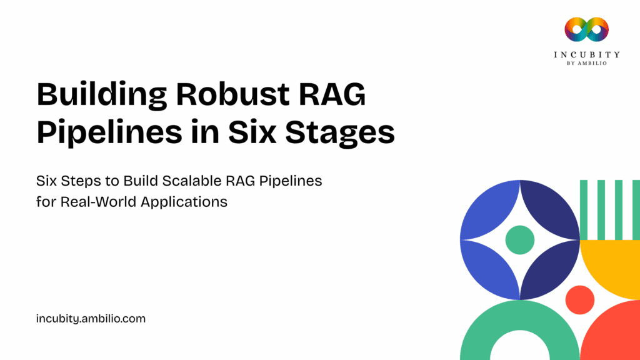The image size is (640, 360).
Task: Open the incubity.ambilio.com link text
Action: tap(91, 319)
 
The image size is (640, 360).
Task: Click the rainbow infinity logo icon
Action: tap(586, 29)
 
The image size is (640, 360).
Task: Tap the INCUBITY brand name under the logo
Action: tap(586, 54)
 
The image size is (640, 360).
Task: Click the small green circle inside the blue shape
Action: tap(519, 239)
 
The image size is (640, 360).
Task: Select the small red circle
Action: tap(579, 299)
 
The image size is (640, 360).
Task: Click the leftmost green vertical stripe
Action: tap(584, 209)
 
